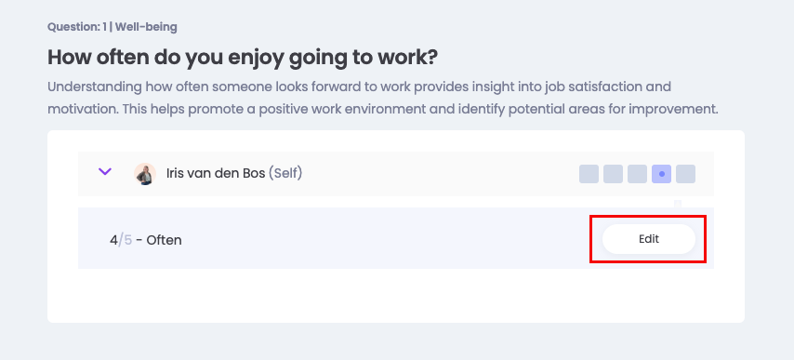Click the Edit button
(x=649, y=239)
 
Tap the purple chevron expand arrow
(x=105, y=172)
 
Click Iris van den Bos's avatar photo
(x=145, y=174)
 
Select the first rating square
(x=589, y=174)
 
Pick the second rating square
(x=613, y=174)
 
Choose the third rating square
(x=637, y=174)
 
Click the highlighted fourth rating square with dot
(x=661, y=174)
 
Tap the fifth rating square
(x=685, y=174)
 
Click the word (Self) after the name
(x=285, y=174)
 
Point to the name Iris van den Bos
(x=216, y=174)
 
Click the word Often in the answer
(x=164, y=240)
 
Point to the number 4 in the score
(x=113, y=240)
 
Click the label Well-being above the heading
(x=146, y=27)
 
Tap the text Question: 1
(x=77, y=27)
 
